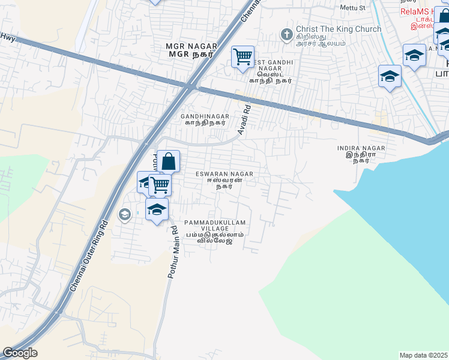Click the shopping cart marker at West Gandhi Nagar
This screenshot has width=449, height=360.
point(243,58)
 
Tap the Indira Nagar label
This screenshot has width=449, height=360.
point(361,152)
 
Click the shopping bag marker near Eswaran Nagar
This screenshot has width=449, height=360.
point(169,161)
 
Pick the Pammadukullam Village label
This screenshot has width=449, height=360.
point(215,230)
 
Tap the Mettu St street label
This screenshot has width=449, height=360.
point(352,7)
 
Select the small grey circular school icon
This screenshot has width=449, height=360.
point(125,214)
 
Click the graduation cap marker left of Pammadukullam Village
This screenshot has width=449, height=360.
point(157,209)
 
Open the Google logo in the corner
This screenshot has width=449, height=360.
point(20,353)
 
